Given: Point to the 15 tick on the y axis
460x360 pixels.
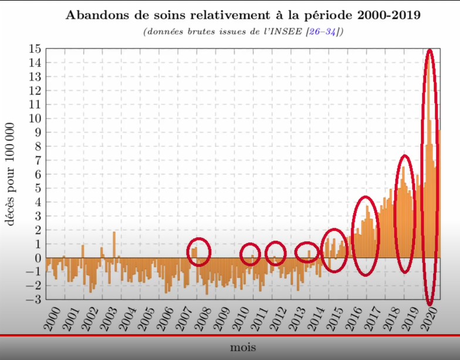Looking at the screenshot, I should point(36,49).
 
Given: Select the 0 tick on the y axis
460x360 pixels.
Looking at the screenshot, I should point(38,258).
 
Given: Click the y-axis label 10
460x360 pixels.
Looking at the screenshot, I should point(36,119).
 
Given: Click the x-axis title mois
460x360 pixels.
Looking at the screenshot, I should point(243,346).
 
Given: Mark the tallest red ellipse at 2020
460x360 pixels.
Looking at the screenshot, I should point(429,176).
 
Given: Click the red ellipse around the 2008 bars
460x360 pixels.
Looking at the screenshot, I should point(199,252).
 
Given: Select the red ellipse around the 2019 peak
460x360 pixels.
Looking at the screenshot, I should point(405,214).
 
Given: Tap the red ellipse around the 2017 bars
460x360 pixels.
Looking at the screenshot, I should point(366,235).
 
